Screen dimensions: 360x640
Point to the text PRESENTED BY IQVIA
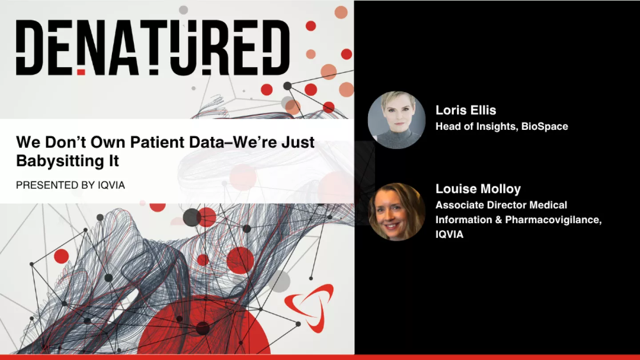[x=70, y=185]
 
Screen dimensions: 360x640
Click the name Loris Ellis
[x=465, y=110]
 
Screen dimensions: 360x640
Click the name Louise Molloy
[x=478, y=189]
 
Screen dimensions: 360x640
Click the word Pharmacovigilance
[x=553, y=220]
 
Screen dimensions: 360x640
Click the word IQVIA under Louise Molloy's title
[x=449, y=235]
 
